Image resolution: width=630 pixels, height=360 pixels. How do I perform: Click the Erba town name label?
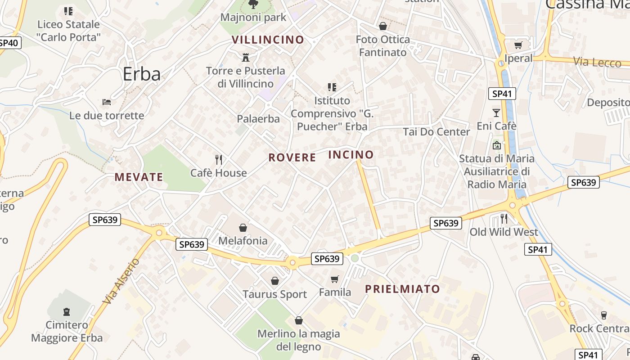coord(141,74)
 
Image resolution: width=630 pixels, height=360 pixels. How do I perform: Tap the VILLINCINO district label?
coord(268,40)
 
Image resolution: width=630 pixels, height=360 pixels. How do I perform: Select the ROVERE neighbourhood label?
coord(292,157)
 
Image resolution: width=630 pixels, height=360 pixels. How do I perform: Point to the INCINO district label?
coord(351,155)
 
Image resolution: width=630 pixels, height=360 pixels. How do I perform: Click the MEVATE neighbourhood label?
coord(139,177)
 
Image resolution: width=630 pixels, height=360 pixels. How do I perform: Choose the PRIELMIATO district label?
coord(402,289)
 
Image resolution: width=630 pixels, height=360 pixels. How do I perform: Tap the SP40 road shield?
coord(9,43)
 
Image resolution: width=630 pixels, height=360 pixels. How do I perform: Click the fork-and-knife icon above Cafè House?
coord(219,160)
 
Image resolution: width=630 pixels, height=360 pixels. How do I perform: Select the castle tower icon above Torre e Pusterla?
coord(246,57)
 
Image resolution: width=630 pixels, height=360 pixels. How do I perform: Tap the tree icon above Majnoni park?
coord(253,4)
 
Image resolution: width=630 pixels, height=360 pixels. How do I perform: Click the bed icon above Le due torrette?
coord(107,102)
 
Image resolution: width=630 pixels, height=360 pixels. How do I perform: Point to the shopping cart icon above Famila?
coord(334,279)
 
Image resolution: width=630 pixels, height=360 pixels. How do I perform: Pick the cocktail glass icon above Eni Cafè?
coord(496,112)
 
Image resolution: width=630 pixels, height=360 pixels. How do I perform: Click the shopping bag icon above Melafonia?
coord(243,228)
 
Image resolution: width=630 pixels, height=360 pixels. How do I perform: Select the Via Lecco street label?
coord(597,62)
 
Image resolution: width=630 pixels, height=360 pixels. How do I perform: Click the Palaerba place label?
coord(258,119)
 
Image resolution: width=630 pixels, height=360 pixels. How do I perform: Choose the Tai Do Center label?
coord(436,132)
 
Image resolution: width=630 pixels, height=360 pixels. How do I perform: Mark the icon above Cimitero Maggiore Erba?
coord(67,311)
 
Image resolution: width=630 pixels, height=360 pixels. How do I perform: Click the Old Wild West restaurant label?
coord(504,232)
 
